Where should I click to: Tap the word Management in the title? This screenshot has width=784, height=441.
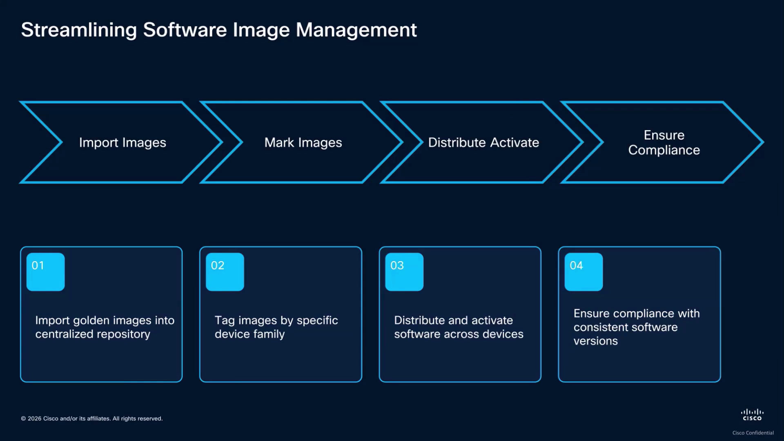tap(356, 30)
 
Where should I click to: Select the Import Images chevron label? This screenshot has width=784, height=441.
tap(122, 143)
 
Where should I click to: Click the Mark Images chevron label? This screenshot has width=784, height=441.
tap(303, 143)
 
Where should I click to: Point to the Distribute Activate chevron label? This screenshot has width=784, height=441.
tap(483, 143)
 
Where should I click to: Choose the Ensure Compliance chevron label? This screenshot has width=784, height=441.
tap(664, 143)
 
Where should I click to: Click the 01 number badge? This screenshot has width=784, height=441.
tap(45, 272)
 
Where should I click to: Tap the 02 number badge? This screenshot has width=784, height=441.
tap(225, 272)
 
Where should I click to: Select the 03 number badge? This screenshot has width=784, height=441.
tap(404, 272)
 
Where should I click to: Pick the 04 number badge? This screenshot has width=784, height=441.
tap(584, 272)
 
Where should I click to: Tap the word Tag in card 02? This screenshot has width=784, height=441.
tap(225, 321)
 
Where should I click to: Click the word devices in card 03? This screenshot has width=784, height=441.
tap(503, 334)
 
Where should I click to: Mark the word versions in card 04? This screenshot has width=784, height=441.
tap(596, 341)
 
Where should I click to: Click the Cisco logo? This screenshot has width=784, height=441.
tap(752, 414)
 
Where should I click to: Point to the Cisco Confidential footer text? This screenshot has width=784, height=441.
tap(753, 433)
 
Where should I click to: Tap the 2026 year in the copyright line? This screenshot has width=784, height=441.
tap(35, 419)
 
